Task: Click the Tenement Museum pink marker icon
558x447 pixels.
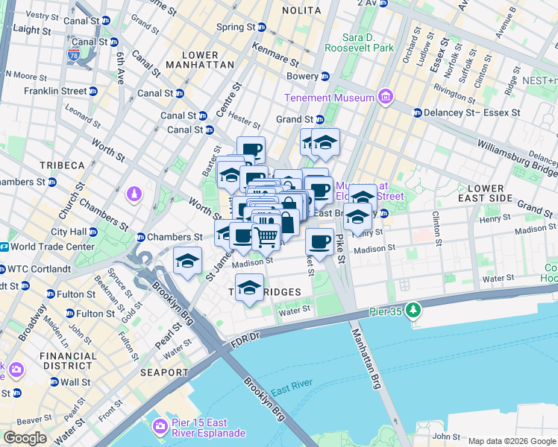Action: click(385, 98)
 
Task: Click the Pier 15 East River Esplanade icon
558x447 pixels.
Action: click(160, 426)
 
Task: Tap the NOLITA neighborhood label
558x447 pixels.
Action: click(302, 10)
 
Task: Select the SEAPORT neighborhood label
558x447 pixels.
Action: click(163, 372)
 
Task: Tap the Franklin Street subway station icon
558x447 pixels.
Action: click(93, 91)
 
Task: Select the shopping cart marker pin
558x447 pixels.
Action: click(266, 237)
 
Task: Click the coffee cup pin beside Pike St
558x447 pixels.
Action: click(320, 241)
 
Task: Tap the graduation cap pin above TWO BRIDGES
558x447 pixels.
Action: click(248, 288)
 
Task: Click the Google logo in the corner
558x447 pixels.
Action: click(25, 438)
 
